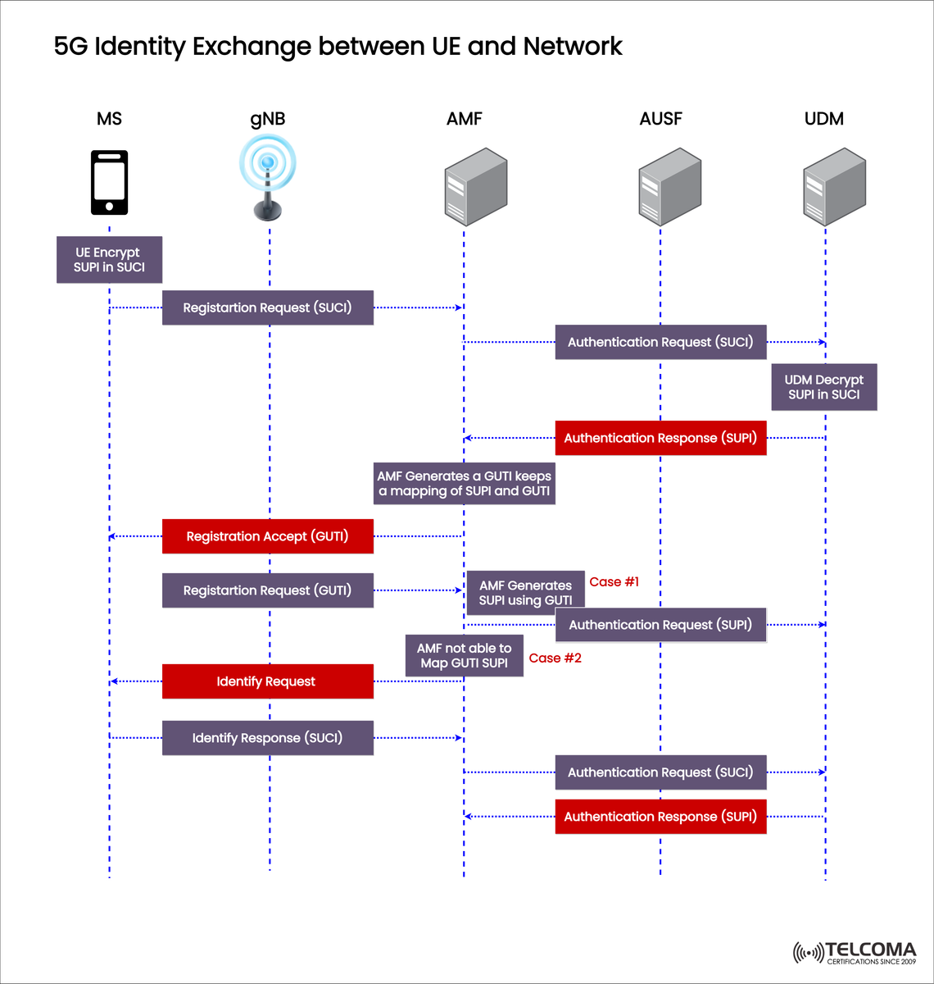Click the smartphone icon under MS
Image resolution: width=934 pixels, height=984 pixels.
click(x=109, y=182)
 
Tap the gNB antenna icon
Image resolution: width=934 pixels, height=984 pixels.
click(x=268, y=178)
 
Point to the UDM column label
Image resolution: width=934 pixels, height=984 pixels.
click(x=823, y=119)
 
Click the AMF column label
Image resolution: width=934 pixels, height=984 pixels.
click(x=464, y=119)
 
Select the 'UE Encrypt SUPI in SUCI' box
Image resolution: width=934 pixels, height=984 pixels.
click(x=109, y=260)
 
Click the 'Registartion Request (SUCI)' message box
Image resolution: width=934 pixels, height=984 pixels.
click(x=267, y=307)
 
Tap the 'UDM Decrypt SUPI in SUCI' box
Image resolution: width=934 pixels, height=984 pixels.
click(x=823, y=387)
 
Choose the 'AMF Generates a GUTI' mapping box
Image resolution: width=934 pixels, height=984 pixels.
click(x=464, y=484)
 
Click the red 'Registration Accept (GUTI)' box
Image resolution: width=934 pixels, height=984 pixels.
click(x=267, y=536)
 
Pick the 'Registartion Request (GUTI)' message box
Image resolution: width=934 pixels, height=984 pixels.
click(x=267, y=590)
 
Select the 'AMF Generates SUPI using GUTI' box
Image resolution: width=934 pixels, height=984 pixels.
click(x=525, y=591)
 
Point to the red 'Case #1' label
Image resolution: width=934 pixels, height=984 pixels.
click(x=614, y=582)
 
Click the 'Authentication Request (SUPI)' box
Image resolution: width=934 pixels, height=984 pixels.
click(x=660, y=625)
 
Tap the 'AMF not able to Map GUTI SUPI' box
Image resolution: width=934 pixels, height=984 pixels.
click(x=464, y=655)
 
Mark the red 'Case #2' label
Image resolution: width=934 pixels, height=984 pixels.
click(x=555, y=658)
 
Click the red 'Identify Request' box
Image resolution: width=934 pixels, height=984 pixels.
click(x=267, y=681)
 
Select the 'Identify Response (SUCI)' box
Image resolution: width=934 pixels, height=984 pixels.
click(x=267, y=738)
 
